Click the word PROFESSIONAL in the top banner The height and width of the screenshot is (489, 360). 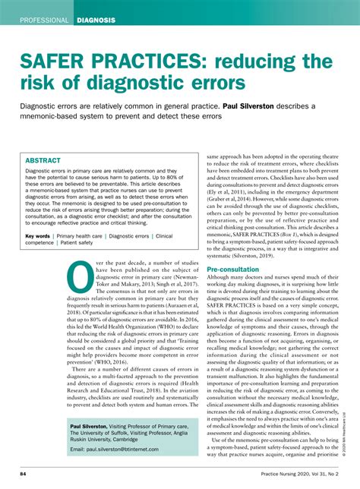45,20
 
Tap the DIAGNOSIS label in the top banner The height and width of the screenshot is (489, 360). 96,20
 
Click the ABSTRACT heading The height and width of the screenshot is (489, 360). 43,161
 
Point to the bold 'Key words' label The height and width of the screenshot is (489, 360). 38,237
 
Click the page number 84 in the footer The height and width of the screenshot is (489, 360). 24,475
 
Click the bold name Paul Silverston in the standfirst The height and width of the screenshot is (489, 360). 257,106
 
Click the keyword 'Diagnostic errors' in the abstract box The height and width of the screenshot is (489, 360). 128,237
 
